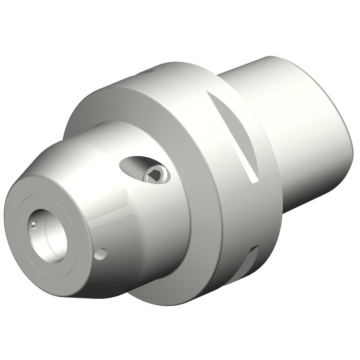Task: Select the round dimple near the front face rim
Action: [101, 253]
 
